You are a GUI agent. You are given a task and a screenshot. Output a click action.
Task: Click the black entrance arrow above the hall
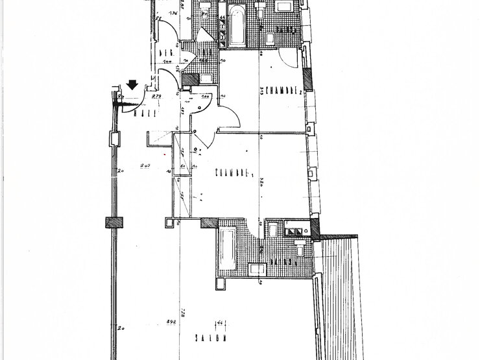click(132, 84)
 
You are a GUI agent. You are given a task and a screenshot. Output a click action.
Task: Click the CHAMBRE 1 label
click(232, 173)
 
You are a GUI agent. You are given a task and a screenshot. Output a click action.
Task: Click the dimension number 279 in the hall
click(156, 97)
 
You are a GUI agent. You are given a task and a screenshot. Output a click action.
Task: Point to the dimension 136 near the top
click(173, 14)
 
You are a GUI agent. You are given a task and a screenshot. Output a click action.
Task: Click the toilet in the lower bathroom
click(301, 250)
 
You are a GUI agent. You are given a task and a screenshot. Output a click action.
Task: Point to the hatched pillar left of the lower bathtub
click(211, 222)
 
